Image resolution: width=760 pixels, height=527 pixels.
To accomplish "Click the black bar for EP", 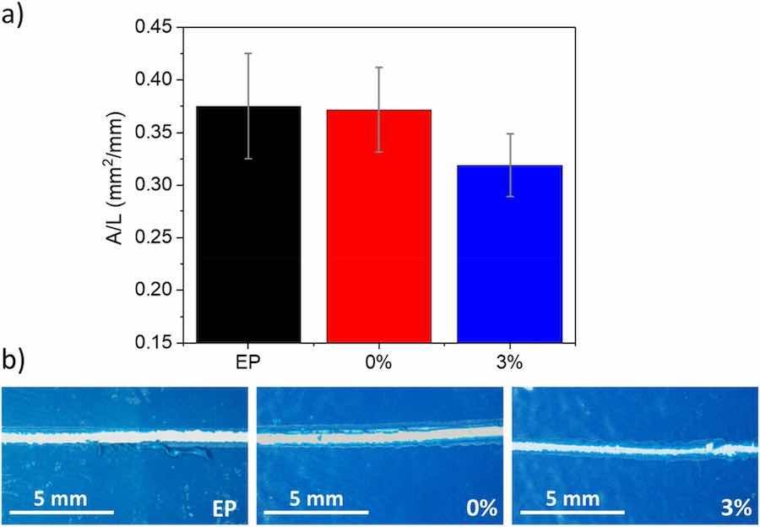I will [248, 224].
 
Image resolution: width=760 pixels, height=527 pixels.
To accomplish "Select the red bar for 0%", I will [379, 225].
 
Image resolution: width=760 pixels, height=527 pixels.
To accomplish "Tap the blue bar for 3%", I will [509, 253].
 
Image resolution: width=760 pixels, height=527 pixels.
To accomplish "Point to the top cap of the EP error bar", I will [248, 53].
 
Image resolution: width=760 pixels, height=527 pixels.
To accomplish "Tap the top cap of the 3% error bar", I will [509, 133].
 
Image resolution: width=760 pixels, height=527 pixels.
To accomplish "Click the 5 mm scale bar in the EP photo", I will [61, 512].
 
